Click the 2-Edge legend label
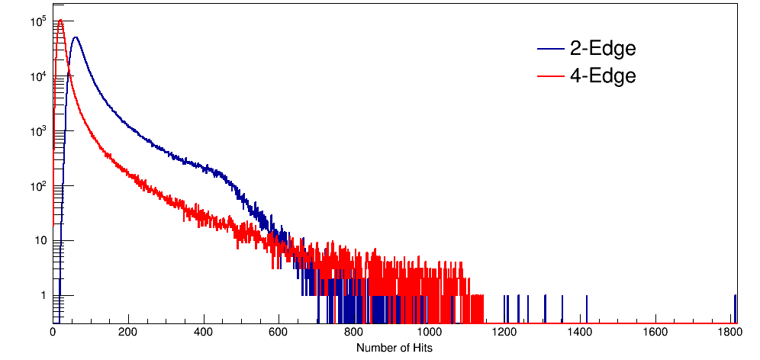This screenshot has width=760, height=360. coord(603,49)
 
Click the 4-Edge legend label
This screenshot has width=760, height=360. coord(603,76)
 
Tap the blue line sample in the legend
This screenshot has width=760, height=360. coord(551,50)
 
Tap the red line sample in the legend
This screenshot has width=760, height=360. coord(551,76)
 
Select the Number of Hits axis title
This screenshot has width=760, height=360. coord(394,348)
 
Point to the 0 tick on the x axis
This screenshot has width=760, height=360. coord(53,333)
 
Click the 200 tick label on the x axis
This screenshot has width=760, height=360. coord(128,333)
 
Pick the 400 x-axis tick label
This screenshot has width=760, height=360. coord(203,333)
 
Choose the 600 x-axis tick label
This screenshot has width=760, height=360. coord(279,333)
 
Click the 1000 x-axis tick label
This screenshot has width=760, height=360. coord(429,333)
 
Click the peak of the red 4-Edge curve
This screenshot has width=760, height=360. coord(60,21)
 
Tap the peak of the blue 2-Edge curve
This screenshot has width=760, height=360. coord(75,37)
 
